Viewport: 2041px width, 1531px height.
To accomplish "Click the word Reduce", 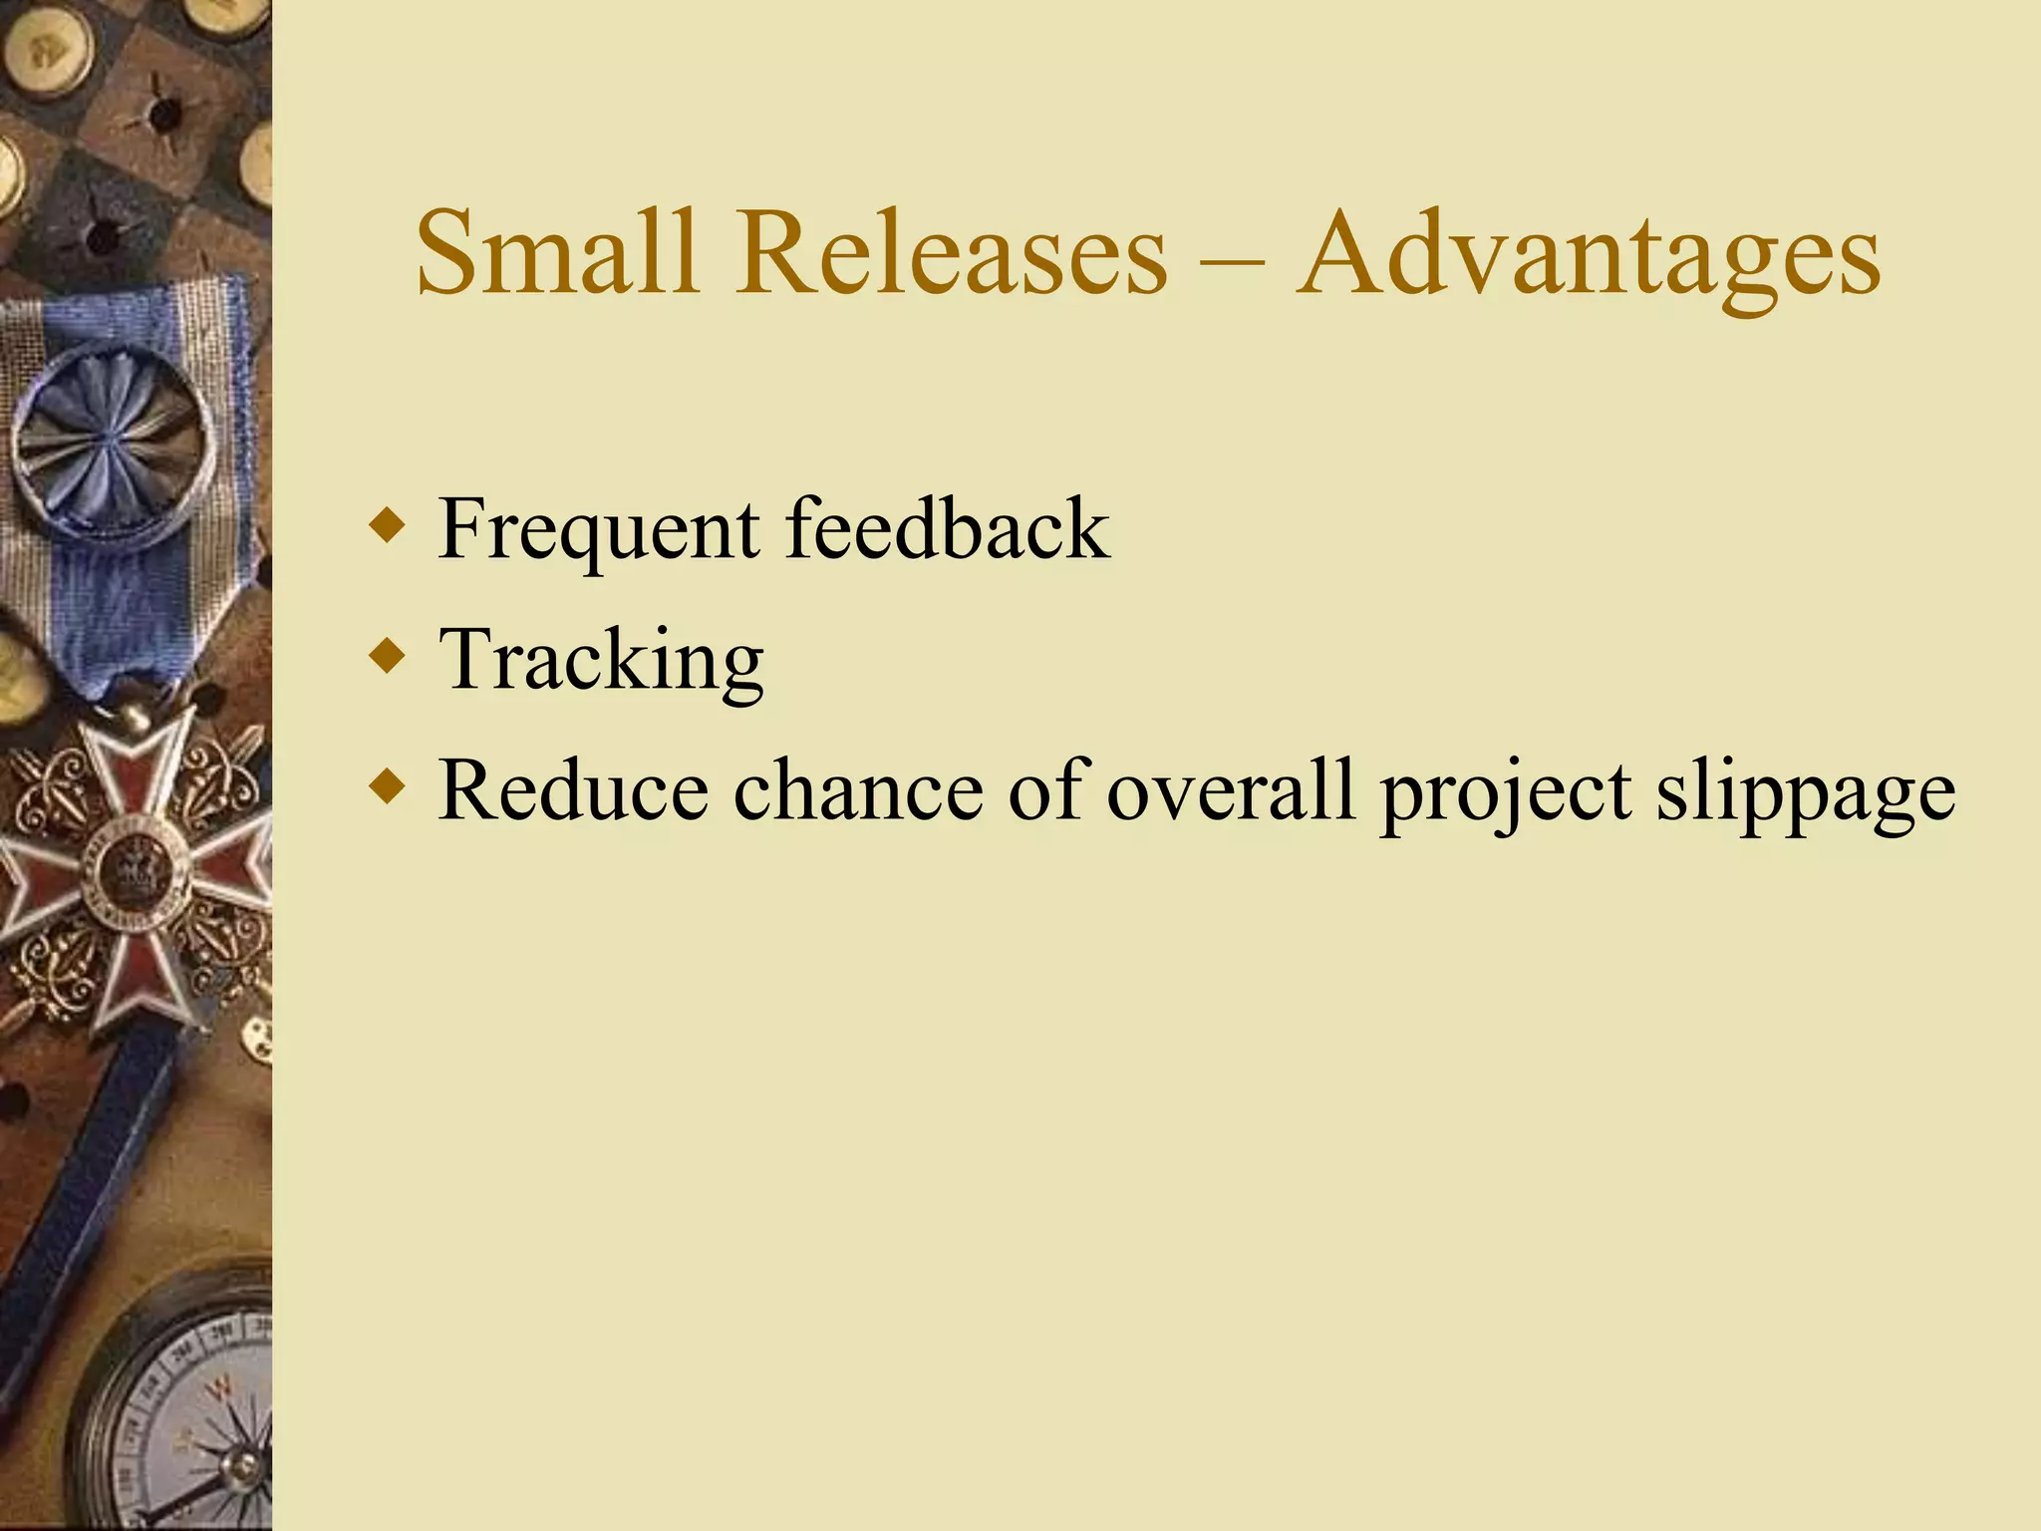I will tap(573, 789).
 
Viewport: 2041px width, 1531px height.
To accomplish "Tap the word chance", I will tap(858, 789).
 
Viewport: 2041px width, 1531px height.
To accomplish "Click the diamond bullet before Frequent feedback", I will tap(387, 525).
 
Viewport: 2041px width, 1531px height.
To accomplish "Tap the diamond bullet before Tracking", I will tap(387, 656).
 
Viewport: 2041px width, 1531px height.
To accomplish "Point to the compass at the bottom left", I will tap(184, 1415).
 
